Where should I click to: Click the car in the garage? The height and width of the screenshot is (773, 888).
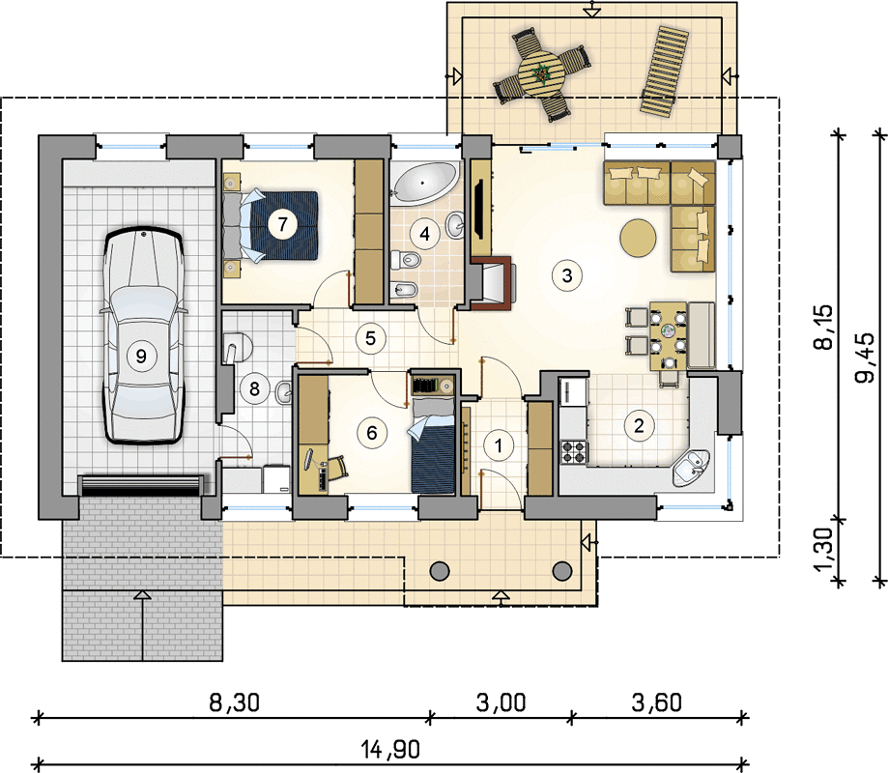(144, 336)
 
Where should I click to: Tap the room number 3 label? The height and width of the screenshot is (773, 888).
(567, 275)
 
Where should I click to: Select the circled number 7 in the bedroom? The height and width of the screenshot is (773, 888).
(282, 224)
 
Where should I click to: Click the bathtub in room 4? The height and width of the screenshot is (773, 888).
(425, 183)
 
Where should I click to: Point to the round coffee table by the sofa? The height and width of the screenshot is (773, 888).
(639, 238)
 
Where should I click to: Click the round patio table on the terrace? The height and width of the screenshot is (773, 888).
(542, 74)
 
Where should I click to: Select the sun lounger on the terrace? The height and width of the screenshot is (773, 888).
(664, 72)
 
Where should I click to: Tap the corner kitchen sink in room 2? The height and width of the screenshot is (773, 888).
(691, 468)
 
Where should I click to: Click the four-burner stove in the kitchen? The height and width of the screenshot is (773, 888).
(574, 451)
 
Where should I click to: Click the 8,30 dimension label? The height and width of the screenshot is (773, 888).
(235, 702)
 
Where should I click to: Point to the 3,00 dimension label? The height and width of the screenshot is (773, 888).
(501, 702)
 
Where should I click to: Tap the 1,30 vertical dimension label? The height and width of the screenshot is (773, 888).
(824, 549)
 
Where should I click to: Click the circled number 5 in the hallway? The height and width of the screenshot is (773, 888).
(370, 338)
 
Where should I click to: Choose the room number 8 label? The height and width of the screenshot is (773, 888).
(254, 388)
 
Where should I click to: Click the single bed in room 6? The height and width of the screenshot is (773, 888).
(433, 445)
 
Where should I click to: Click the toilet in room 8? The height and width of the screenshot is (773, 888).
(237, 347)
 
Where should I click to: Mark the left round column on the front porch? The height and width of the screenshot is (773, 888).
(440, 571)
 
